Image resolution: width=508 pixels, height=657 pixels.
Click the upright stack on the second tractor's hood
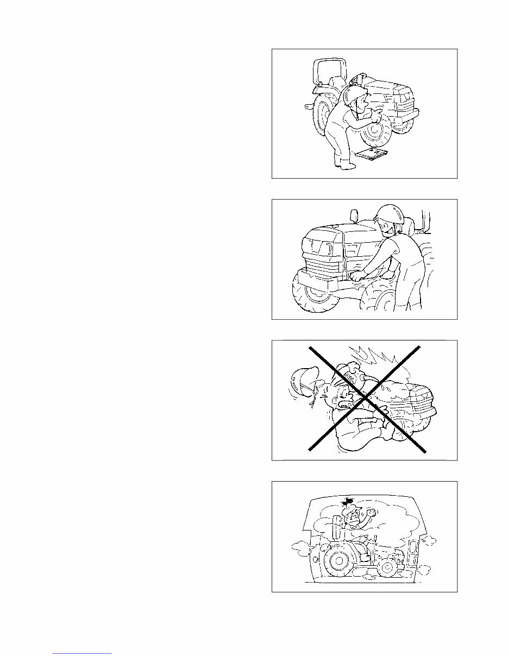[x=354, y=216]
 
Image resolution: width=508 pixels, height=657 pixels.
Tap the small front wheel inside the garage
[x=387, y=569]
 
